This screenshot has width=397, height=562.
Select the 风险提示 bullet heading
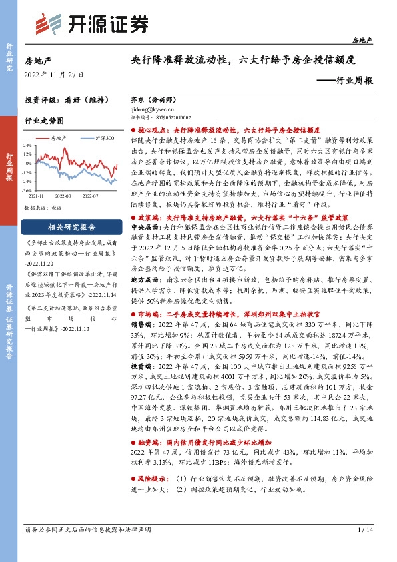156,498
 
